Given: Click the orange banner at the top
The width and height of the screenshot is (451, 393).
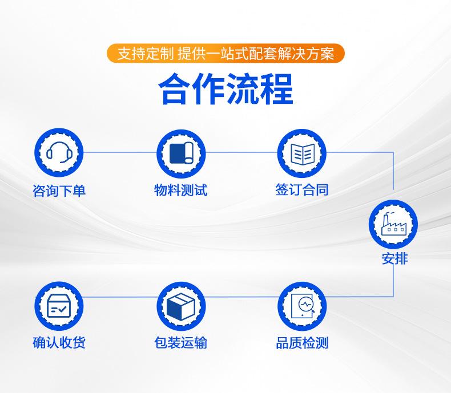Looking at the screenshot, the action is click(226, 53).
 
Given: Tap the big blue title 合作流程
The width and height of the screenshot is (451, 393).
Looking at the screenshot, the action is click(226, 89).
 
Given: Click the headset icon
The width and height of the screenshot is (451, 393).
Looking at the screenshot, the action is click(59, 152).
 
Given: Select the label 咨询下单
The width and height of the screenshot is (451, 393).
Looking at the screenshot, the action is click(59, 191).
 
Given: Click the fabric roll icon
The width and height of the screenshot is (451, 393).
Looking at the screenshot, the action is click(181, 153).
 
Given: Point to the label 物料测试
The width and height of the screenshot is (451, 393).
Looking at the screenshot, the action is click(180, 190).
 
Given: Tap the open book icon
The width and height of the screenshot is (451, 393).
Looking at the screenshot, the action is click(303, 154).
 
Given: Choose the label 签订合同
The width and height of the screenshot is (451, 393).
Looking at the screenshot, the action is click(302, 189).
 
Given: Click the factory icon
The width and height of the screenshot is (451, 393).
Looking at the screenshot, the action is click(393, 225).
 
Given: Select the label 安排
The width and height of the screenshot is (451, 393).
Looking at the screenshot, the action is click(394, 258).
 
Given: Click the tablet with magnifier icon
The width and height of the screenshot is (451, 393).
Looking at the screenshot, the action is click(303, 306).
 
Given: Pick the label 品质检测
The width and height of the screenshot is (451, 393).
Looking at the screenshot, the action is click(302, 343).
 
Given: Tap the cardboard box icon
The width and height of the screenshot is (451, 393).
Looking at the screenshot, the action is click(181, 306).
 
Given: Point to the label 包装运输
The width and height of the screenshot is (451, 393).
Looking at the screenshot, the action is click(180, 343).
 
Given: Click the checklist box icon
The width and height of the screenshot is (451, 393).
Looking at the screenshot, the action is click(59, 306).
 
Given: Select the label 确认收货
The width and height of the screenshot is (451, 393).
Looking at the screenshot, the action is click(59, 342).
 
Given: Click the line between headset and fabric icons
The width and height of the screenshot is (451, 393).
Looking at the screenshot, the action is click(120, 152).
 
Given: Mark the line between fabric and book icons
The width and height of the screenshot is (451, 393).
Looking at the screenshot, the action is click(241, 152).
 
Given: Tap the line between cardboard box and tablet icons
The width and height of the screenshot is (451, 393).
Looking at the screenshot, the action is click(241, 297).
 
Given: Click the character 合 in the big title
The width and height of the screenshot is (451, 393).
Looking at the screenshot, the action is click(175, 89).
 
